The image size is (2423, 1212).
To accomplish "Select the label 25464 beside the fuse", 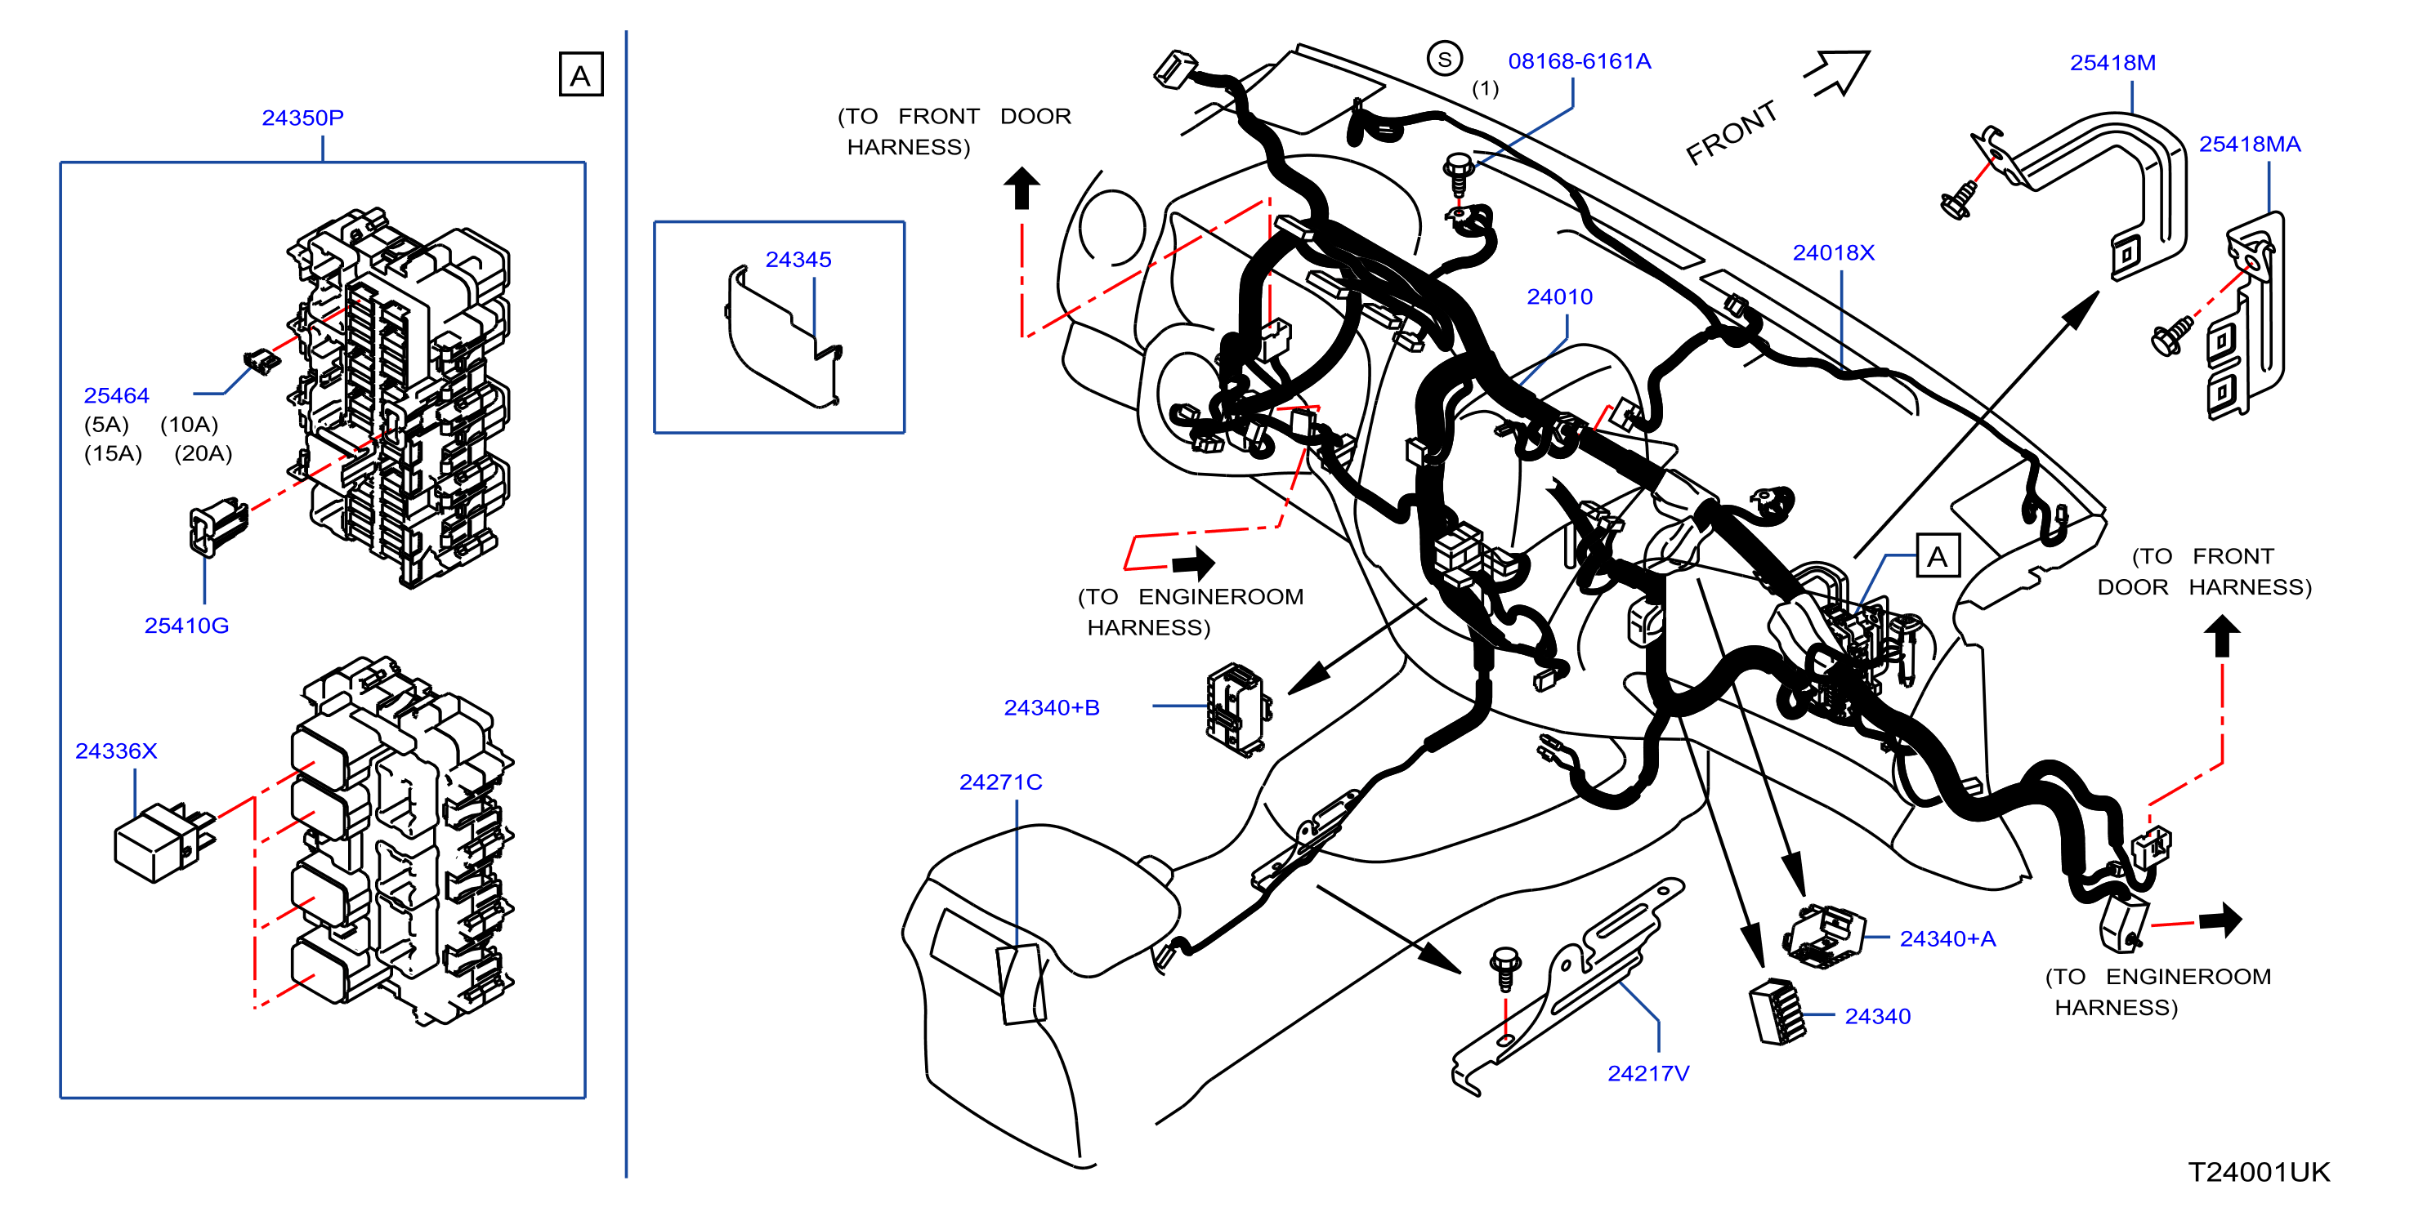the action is coord(116,396).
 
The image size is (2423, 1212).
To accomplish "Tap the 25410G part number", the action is coord(186,626).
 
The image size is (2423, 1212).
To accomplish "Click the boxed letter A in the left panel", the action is coord(580,74).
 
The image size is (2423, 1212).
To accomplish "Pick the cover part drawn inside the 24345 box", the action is coord(784,336).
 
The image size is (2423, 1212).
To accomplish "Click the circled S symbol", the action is coord(1444,60).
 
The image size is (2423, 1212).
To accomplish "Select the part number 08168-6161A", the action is coord(1580,61).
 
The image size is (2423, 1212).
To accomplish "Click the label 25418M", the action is coord(2112,63).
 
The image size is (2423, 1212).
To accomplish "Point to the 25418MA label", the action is coord(2249,144).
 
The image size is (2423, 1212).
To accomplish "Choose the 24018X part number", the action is coord(1833,253).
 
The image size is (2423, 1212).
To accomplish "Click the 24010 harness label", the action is coord(1559,297).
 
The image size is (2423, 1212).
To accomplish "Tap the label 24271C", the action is coord(1001,782).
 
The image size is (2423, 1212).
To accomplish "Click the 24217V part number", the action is coord(1648,1074).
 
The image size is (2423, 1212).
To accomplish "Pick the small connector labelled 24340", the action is coord(1777,1012).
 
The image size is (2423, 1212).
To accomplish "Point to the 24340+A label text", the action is coord(1947,939).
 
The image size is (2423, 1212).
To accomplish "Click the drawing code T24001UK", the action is coord(2259,1173).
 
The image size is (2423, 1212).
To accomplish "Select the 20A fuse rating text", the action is coord(203,453).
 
